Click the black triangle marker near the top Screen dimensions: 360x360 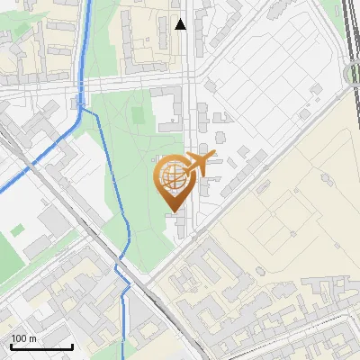click(x=181, y=24)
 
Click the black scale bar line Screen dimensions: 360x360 click(x=41, y=346)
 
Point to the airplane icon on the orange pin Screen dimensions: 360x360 click(x=199, y=164)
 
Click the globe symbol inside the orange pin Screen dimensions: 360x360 click(x=172, y=180)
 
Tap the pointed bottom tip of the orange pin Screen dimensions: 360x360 click(x=173, y=211)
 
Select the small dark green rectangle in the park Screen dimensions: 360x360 click(x=137, y=116)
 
